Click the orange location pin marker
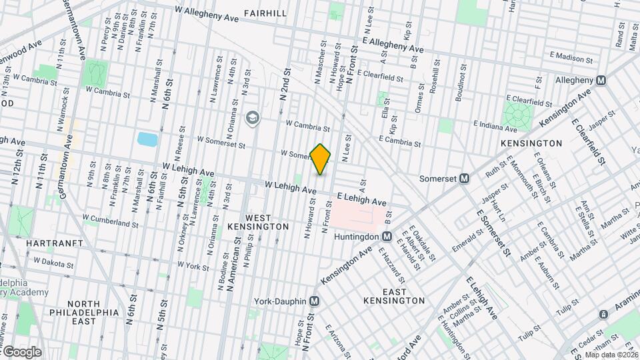321,159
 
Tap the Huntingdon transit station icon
387,237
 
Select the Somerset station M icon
465,179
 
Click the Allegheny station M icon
601,80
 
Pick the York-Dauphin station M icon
314,301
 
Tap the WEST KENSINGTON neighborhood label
267,222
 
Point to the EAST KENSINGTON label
395,296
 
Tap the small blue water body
146,139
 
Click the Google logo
21,351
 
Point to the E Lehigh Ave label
361,200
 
